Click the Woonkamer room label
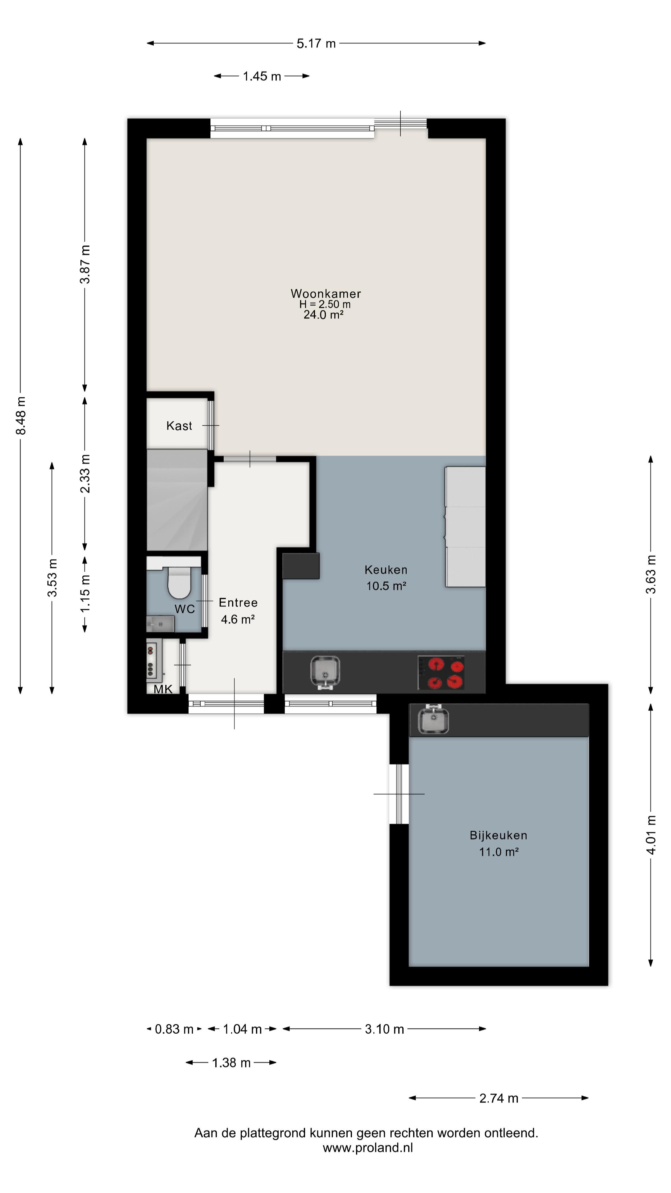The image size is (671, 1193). click(x=326, y=294)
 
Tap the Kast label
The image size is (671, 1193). click(x=179, y=426)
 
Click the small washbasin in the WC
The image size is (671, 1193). click(x=160, y=624)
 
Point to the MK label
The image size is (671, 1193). click(x=163, y=689)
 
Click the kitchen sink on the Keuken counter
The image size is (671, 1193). click(x=325, y=672)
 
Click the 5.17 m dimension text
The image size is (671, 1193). click(x=316, y=43)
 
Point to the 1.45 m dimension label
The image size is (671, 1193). click(x=262, y=76)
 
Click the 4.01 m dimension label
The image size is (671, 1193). click(x=650, y=835)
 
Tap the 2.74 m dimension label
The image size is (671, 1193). click(x=499, y=1098)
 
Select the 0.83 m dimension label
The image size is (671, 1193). click(x=174, y=1029)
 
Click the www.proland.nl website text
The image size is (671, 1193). click(x=368, y=1148)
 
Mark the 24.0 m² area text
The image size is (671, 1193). click(x=323, y=315)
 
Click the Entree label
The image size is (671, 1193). click(x=238, y=602)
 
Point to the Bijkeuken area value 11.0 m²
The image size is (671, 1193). click(x=499, y=852)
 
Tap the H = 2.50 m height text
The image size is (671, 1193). click(x=325, y=304)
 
